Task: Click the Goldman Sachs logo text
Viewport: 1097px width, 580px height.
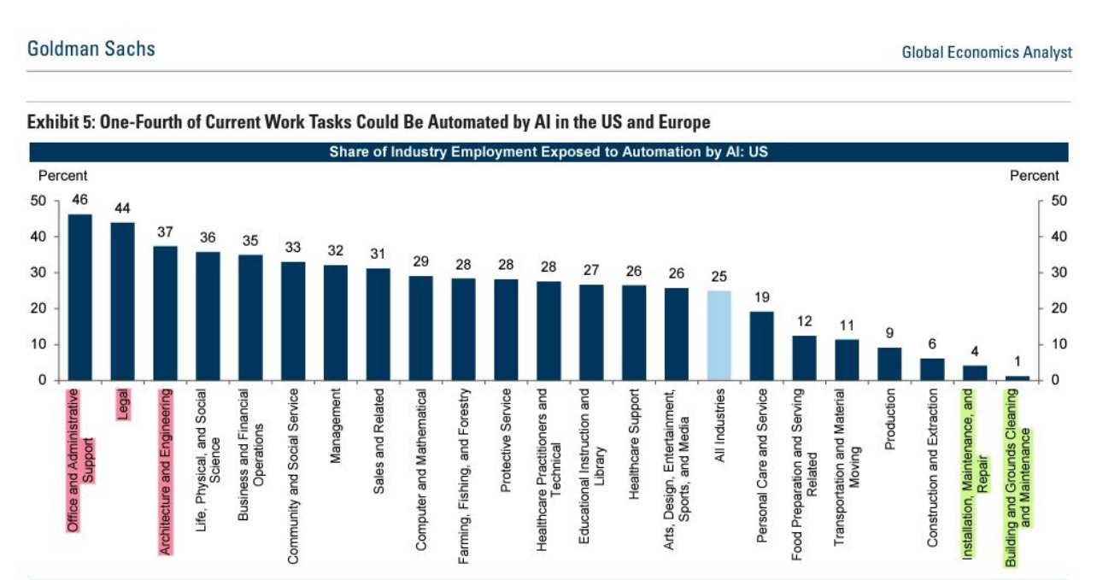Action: pyautogui.click(x=91, y=49)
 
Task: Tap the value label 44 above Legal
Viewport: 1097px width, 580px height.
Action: pyautogui.click(x=123, y=208)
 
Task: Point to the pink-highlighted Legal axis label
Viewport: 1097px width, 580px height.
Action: pyautogui.click(x=123, y=404)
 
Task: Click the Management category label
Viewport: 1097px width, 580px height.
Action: pyautogui.click(x=336, y=425)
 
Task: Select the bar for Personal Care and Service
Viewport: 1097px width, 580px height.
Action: pyautogui.click(x=762, y=346)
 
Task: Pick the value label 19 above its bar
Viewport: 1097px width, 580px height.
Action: pyautogui.click(x=762, y=297)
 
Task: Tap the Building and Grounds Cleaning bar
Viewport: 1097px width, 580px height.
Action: pyautogui.click(x=1018, y=378)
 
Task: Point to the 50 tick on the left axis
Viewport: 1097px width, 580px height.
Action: pyautogui.click(x=38, y=202)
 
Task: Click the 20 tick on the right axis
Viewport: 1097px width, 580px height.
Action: pyautogui.click(x=1053, y=309)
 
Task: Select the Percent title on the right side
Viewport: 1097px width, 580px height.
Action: pyautogui.click(x=1034, y=176)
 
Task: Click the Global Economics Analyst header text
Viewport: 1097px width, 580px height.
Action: pyautogui.click(x=987, y=53)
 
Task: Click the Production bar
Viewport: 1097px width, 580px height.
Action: pyautogui.click(x=889, y=364)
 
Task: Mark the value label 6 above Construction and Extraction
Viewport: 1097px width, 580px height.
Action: pyautogui.click(x=932, y=344)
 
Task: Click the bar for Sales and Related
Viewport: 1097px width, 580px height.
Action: pyautogui.click(x=378, y=325)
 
